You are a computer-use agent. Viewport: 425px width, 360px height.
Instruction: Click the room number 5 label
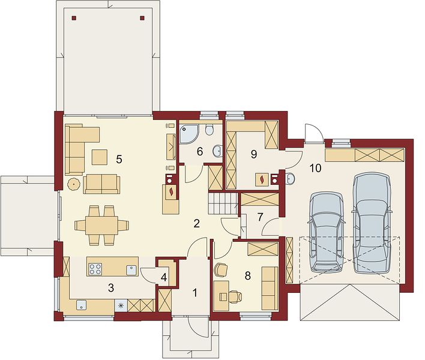pos(119,159)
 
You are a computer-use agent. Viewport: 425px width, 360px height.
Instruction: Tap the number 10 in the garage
pos(316,168)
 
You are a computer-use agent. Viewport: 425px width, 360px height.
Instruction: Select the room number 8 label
pos(247,276)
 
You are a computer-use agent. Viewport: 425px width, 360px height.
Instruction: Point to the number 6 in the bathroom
pos(200,152)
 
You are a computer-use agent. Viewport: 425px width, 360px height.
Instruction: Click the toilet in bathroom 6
pos(209,130)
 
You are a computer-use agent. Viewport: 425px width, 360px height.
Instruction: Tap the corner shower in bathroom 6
pos(188,133)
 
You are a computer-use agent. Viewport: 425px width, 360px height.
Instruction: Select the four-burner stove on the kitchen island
pos(95,269)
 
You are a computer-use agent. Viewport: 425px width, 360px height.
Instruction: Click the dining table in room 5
pos(101,225)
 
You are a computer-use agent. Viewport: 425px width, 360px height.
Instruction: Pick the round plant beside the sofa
pos(74,184)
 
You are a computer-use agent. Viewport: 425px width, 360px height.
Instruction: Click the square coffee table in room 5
pos(100,157)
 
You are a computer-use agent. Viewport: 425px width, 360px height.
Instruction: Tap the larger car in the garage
pos(372,223)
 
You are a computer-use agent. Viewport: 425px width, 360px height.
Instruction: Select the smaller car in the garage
pos(327,232)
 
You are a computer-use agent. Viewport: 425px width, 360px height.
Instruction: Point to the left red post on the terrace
pos(74,18)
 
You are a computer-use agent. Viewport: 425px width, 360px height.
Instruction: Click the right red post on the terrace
pos(142,18)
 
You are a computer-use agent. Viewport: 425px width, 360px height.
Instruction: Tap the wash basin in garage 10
pos(291,178)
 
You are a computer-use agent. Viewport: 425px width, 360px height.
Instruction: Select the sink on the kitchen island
pos(131,270)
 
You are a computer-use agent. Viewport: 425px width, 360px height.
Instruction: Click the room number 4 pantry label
pos(163,277)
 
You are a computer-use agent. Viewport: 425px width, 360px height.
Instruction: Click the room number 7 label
pos(260,217)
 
